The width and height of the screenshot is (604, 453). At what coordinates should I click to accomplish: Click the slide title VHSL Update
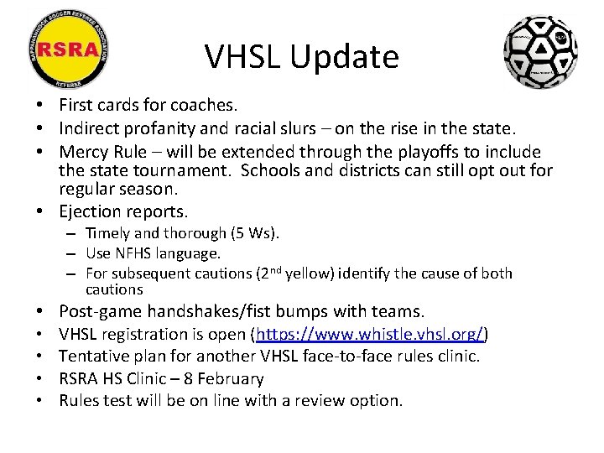pyautogui.click(x=301, y=57)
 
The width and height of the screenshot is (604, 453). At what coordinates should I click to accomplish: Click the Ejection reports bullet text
pyautogui.click(x=123, y=211)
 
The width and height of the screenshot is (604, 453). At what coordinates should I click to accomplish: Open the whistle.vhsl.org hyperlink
pyautogui.click(x=370, y=335)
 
